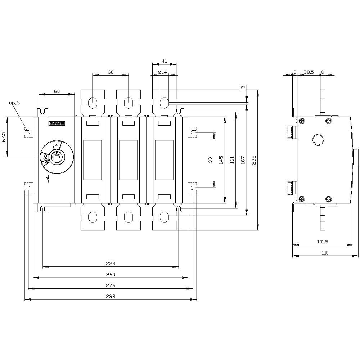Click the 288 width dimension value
tap(111, 296)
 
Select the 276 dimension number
tap(111, 285)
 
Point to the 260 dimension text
tap(111, 275)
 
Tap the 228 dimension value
tap(111, 264)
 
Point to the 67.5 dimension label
tap(4, 137)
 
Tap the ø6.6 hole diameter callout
tap(14, 103)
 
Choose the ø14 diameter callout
tap(163, 72)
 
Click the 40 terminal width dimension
tap(165, 62)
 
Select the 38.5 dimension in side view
tap(309, 72)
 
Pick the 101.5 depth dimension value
tap(323, 242)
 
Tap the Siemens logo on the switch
tap(56, 123)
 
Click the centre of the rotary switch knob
tap(56, 157)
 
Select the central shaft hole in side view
tap(317, 140)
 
